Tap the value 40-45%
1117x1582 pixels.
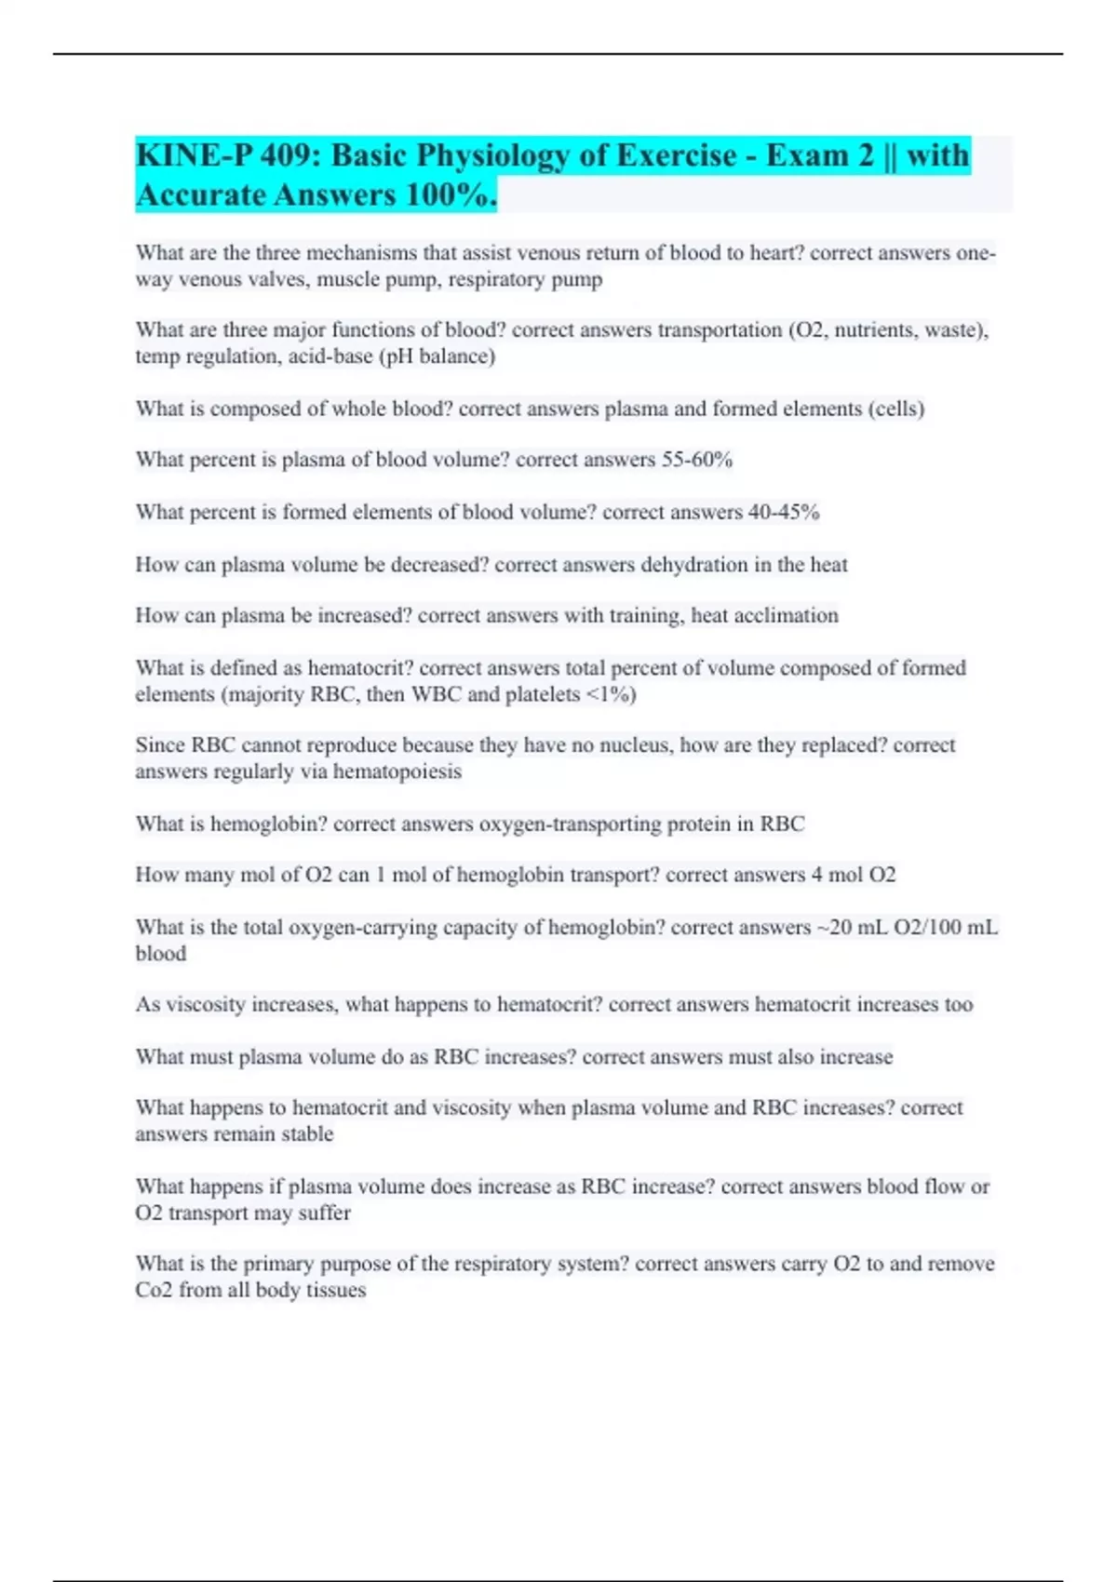[x=784, y=512]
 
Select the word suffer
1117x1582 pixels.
[x=324, y=1213]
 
